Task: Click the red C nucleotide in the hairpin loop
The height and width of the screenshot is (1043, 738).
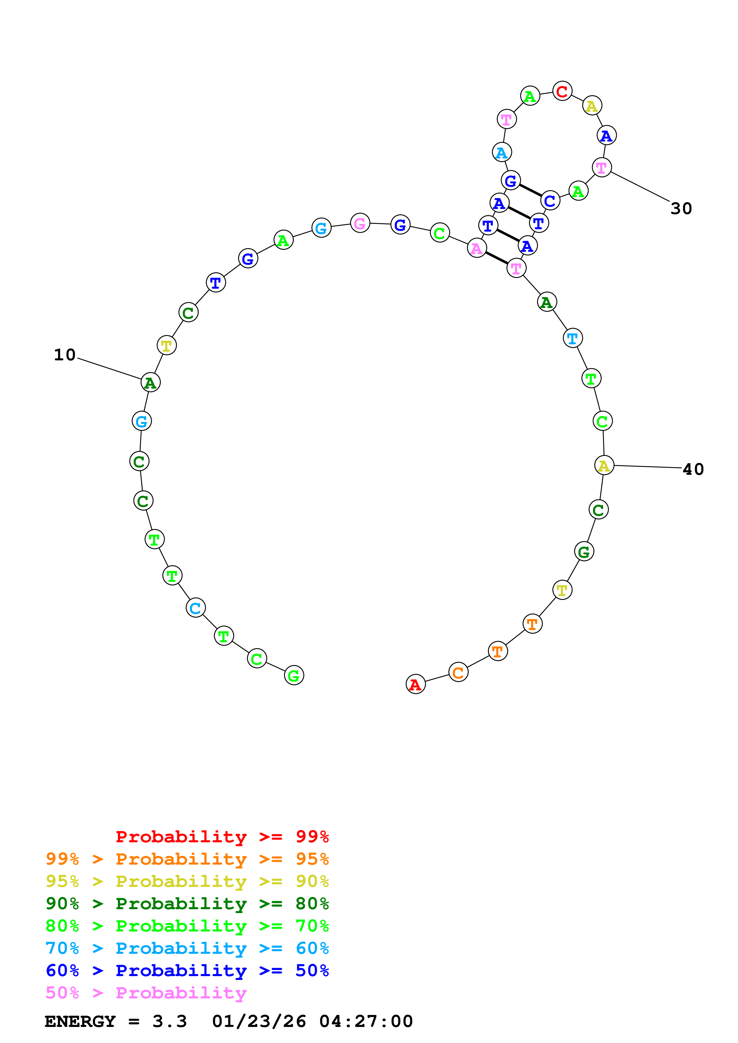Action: [562, 91]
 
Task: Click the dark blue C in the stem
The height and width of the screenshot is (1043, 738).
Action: [550, 200]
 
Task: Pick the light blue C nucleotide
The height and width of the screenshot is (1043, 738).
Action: [196, 608]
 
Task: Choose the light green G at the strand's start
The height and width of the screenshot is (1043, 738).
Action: [294, 676]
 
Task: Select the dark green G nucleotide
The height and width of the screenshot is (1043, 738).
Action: [584, 552]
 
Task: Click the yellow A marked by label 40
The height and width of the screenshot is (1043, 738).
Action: [604, 465]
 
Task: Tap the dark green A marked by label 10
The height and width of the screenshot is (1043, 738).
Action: [151, 382]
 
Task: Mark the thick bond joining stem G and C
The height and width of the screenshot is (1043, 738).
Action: [530, 190]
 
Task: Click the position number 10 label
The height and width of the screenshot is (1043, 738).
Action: [65, 355]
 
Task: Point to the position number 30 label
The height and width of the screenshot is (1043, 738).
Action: [681, 208]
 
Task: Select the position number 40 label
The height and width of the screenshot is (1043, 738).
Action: [693, 469]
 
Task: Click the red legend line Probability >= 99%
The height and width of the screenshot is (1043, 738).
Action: [222, 837]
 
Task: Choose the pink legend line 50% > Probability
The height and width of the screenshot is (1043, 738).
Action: [146, 993]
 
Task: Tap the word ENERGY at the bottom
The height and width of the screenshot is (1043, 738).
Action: [80, 1021]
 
